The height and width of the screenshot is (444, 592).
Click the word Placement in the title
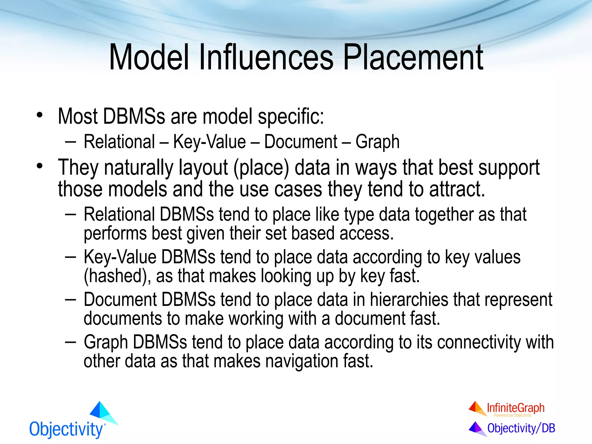coord(413,58)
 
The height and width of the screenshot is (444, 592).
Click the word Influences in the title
coord(266,57)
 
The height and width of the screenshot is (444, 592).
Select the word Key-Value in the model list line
coord(209,142)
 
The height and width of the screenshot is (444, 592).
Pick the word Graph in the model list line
coord(377,142)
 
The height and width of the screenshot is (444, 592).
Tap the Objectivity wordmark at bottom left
coord(66,430)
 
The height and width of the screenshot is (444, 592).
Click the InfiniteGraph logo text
coord(515,408)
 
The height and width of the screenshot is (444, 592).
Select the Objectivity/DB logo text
coord(521,428)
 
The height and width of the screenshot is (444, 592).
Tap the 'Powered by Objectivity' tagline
coord(513,415)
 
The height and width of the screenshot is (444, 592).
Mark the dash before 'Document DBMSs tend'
coord(70,300)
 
